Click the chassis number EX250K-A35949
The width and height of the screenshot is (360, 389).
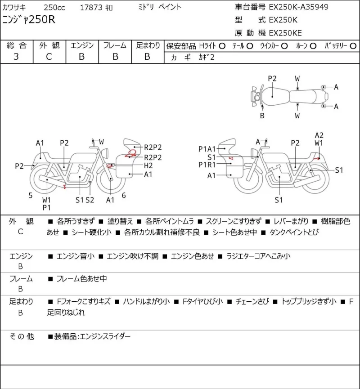(x=298, y=7)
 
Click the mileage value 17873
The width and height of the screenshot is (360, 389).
(x=91, y=8)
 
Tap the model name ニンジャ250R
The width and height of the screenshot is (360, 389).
(x=29, y=20)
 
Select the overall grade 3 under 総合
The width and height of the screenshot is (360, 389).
(x=16, y=57)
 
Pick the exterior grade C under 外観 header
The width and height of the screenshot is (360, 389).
(x=49, y=57)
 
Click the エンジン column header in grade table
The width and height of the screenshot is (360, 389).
(x=82, y=45)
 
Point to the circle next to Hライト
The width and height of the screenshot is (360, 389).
(x=222, y=46)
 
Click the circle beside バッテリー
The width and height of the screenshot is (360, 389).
(x=353, y=46)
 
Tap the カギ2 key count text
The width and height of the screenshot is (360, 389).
(x=206, y=57)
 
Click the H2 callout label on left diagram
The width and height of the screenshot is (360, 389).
(x=148, y=165)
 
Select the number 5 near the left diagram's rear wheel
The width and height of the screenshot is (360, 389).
(x=30, y=196)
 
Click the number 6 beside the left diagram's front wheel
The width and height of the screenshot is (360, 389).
(x=124, y=196)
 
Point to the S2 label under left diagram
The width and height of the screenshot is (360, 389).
(x=90, y=200)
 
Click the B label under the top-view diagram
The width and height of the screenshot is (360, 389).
(x=262, y=116)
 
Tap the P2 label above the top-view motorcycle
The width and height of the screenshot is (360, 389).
(x=272, y=79)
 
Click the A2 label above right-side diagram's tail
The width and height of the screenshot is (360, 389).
(x=319, y=135)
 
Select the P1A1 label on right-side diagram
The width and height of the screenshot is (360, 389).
(x=207, y=149)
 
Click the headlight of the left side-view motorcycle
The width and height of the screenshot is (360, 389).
(x=105, y=152)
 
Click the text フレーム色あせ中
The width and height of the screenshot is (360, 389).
(x=82, y=279)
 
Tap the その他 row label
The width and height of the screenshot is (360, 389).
(x=22, y=336)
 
